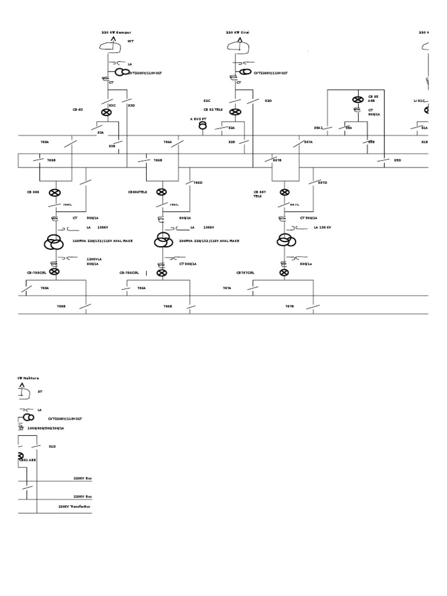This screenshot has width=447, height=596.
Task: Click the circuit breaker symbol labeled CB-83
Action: [x=107, y=112]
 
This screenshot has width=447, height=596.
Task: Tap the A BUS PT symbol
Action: [x=203, y=124]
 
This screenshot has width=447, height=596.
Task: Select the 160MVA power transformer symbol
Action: [x=54, y=241]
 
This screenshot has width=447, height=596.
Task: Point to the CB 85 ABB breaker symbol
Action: [x=358, y=100]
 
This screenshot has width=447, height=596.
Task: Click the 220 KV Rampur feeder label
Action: [x=116, y=33]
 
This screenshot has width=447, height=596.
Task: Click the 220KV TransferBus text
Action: [x=74, y=506]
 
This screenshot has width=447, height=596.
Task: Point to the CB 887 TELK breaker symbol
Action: [x=285, y=192]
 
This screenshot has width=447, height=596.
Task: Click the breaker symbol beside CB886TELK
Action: [x=161, y=192]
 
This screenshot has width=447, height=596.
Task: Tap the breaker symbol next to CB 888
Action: [x=54, y=192]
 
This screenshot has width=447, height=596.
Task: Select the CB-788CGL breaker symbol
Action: [x=54, y=271]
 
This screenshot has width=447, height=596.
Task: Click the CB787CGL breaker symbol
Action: [x=284, y=272]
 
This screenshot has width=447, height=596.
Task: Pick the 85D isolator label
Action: [x=398, y=159]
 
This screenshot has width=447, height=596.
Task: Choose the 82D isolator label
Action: [x=268, y=101]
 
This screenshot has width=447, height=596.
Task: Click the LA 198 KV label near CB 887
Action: [x=322, y=228]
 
